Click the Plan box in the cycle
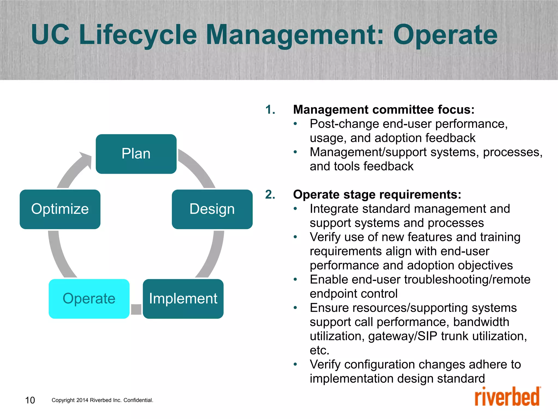coord(136,154)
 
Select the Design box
coord(212,209)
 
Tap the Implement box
coord(183,299)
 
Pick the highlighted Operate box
coord(89,299)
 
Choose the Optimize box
coord(60,209)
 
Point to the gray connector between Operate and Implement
coord(136,309)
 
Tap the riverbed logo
coord(507,397)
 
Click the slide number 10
coord(30,400)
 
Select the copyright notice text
coord(102,400)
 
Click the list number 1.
coord(270,110)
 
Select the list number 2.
coord(270,194)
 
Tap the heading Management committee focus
coord(384,110)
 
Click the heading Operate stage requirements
coord(377,194)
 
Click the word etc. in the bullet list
coord(319,350)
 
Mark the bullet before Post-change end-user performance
coord(295,124)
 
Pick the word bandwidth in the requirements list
coord(481,322)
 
